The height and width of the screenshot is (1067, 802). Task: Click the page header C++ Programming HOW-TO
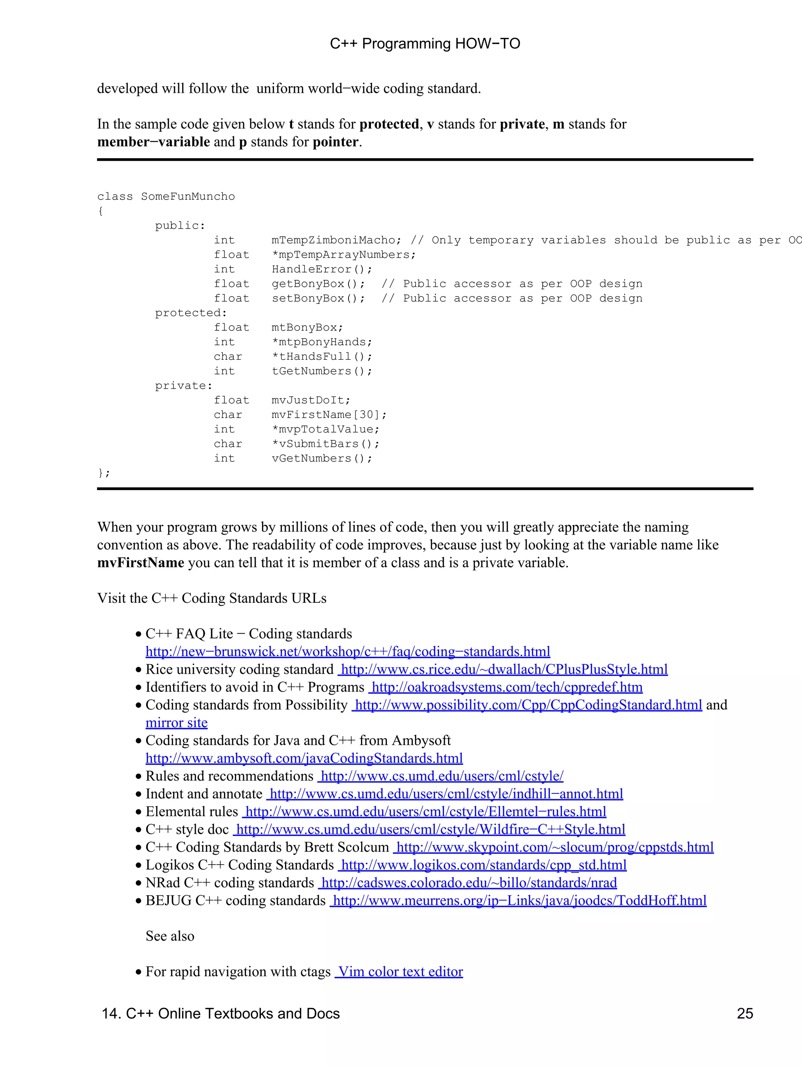424,44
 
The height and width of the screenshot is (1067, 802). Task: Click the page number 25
744,1013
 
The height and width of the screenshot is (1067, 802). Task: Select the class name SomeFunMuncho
188,196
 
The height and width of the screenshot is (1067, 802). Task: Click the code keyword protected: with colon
191,313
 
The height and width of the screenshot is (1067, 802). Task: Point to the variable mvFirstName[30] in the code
329,415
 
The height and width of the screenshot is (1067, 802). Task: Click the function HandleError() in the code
322,269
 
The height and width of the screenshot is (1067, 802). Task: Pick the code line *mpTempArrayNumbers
343,255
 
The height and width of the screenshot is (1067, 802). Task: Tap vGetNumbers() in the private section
322,458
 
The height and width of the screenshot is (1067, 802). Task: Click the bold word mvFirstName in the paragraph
141,562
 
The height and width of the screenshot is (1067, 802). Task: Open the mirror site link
177,723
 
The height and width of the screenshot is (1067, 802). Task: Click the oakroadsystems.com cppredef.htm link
507,687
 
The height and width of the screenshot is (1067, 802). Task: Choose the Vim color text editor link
399,971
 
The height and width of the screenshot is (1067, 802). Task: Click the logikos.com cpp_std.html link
484,865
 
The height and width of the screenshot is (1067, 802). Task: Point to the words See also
170,936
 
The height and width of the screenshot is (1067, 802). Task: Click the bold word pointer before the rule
335,142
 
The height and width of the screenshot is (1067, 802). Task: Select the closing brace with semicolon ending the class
104,473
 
